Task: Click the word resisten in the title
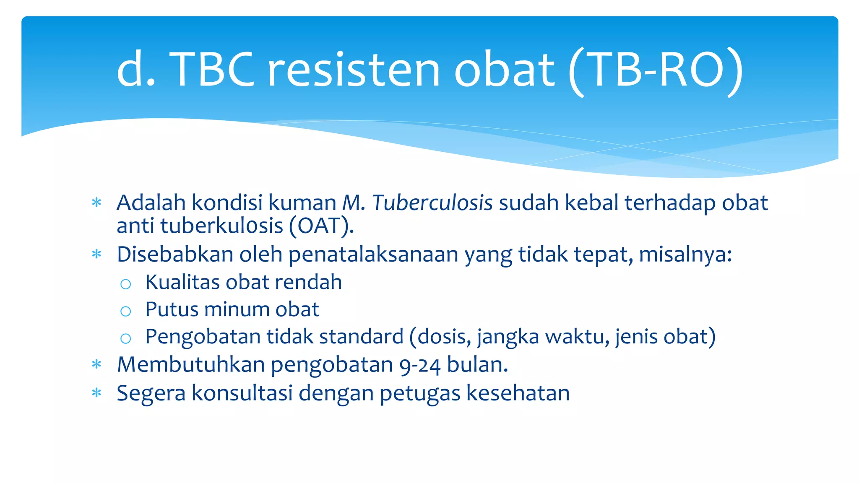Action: [353, 70]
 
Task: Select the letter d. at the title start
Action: [135, 70]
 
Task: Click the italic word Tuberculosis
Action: [432, 203]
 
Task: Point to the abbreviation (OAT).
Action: [321, 226]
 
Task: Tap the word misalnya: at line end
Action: [685, 254]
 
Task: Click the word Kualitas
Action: [182, 282]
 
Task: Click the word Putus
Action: [172, 309]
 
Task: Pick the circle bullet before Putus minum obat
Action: [125, 311]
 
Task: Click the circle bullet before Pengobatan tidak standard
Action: [125, 338]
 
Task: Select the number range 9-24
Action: [420, 365]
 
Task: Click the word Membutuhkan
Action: [191, 364]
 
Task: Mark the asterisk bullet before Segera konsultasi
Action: [96, 393]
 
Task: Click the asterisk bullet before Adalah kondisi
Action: [96, 203]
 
